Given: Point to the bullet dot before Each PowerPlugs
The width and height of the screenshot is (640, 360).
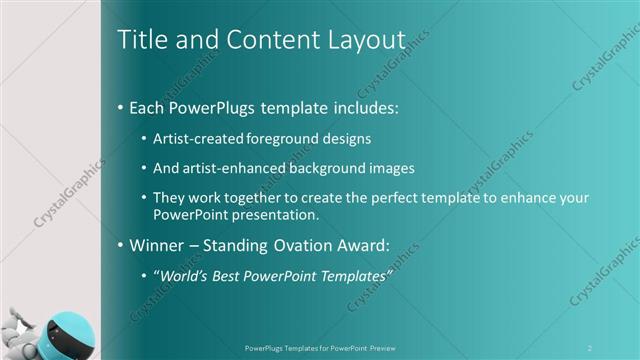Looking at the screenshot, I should [x=122, y=106].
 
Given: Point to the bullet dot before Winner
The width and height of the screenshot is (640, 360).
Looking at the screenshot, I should [x=122, y=244].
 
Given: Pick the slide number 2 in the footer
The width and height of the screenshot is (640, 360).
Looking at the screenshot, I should [x=590, y=348].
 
